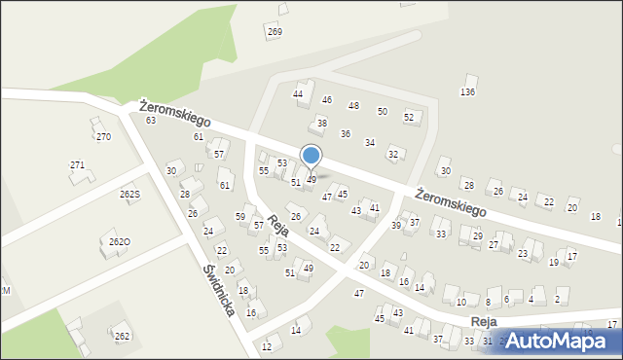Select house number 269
point(275,32)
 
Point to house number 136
point(467,91)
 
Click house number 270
point(103,137)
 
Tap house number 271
point(77,165)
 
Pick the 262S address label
point(130,195)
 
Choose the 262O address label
point(120,241)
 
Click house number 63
point(151,121)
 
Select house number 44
point(298,93)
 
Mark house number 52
point(409,117)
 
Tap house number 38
point(321,124)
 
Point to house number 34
point(370,143)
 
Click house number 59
point(240,216)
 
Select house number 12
point(267,346)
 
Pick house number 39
point(396,226)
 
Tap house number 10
point(460,303)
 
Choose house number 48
point(353,106)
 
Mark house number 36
point(345,133)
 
